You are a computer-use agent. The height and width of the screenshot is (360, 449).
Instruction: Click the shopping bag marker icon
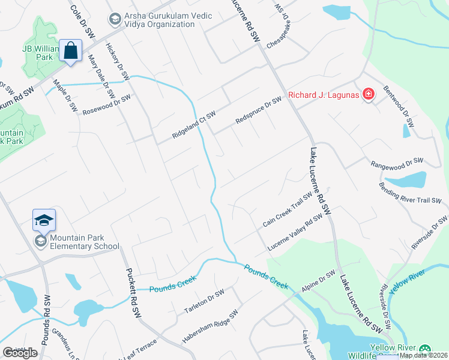click(x=71, y=50)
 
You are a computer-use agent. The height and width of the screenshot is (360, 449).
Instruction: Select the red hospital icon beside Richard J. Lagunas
click(x=367, y=94)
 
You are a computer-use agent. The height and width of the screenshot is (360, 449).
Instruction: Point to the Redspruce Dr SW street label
click(x=258, y=111)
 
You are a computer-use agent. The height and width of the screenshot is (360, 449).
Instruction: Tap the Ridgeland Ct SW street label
click(x=193, y=125)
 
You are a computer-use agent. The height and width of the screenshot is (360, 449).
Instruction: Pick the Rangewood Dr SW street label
click(x=397, y=162)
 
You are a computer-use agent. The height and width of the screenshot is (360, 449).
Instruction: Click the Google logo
click(x=20, y=352)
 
